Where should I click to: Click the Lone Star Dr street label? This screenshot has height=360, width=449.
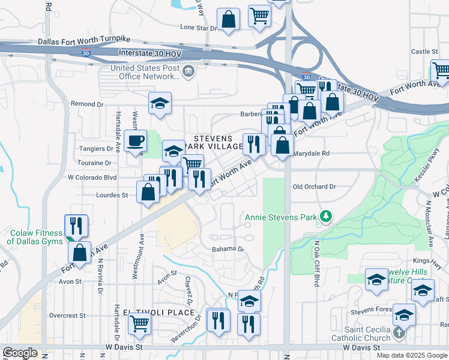(199, 28)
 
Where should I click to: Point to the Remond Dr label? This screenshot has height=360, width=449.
(83, 104)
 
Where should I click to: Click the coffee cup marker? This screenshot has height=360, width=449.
(135, 142)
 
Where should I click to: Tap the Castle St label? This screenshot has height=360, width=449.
(425, 52)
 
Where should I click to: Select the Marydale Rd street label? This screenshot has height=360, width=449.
(312, 154)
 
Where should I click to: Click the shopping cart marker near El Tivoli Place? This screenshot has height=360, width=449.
(139, 324)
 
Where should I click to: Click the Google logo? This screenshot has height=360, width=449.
(20, 352)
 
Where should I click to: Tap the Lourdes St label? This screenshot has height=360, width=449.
(113, 195)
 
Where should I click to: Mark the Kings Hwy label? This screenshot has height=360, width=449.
(439, 260)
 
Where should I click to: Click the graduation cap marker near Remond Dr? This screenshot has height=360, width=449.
(160, 103)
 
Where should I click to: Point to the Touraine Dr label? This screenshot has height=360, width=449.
(94, 163)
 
